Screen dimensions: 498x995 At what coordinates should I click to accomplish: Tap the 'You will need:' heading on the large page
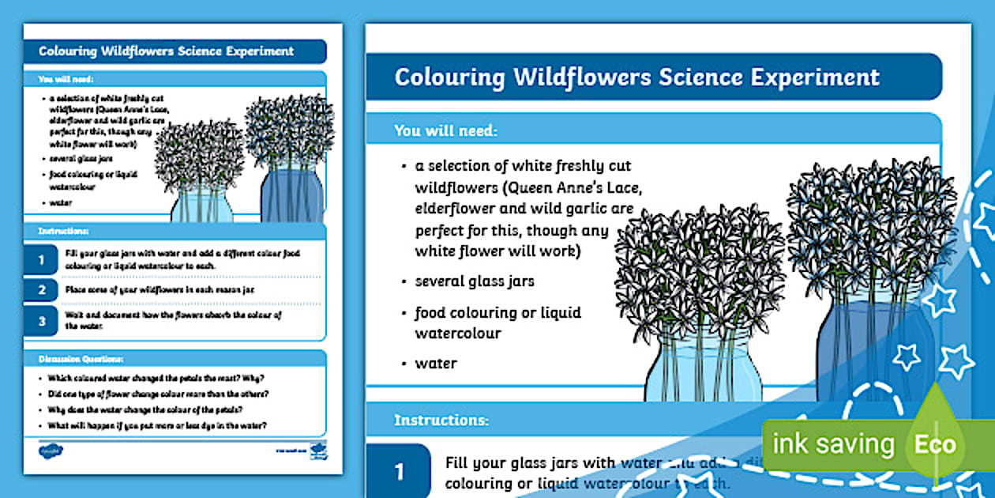click(445, 130)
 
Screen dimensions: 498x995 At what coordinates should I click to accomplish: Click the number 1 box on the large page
click(399, 472)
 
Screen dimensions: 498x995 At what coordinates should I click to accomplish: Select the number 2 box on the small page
click(41, 290)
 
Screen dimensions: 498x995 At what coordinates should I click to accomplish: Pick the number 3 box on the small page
click(41, 320)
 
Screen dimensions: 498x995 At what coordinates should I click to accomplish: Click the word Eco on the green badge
click(935, 443)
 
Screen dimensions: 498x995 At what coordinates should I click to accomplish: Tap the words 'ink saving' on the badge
click(832, 444)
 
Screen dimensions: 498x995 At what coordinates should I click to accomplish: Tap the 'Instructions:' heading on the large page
click(441, 420)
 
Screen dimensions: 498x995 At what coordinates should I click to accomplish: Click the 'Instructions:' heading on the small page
click(63, 231)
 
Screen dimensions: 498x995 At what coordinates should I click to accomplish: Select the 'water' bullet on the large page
click(436, 364)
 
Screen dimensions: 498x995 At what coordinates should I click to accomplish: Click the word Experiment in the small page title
click(257, 51)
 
